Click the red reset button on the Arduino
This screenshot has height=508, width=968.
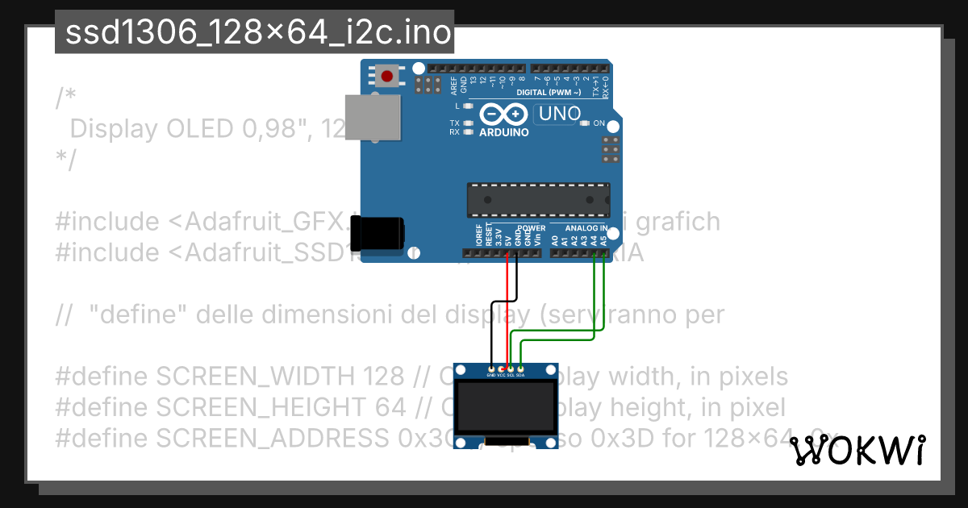tap(388, 77)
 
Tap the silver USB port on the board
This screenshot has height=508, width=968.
tap(373, 115)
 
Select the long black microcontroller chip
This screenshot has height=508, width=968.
tap(538, 198)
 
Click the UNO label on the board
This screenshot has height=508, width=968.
tap(560, 115)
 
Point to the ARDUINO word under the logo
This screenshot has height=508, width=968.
tap(504, 132)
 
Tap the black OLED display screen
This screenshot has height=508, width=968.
tap(506, 408)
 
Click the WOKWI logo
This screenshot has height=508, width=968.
tap(857, 452)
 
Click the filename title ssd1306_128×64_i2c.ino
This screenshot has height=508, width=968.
tap(254, 33)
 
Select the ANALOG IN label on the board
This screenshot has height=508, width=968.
tap(586, 228)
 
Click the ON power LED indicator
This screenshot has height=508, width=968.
tap(585, 123)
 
